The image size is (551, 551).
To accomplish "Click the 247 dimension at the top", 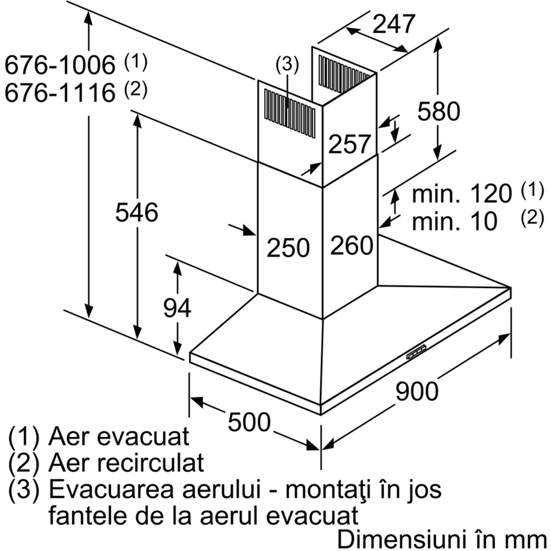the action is click(393, 24).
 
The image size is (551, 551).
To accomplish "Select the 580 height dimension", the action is click(439, 111).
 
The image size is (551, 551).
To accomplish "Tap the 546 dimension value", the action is click(137, 212).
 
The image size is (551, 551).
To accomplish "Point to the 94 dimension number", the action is click(177, 308).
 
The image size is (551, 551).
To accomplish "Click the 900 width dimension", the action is click(417, 391).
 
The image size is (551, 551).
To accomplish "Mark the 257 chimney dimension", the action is click(350, 144).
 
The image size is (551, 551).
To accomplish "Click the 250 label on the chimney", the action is click(288, 248).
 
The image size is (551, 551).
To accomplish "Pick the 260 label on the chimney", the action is click(352, 245).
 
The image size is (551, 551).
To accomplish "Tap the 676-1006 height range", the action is click(60, 65).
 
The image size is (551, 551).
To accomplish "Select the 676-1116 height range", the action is click(60, 93).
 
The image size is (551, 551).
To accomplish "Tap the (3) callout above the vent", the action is click(287, 64).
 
